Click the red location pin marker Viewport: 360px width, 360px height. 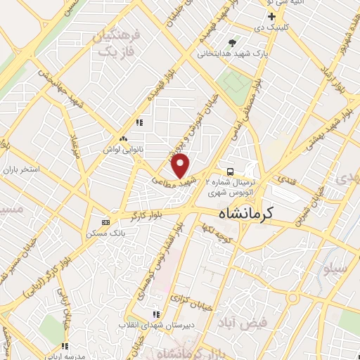(181, 166)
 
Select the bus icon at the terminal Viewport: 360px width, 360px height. (230, 171)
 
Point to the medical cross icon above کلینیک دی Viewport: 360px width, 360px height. (291, 16)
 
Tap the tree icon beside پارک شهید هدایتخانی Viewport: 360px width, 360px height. (232, 42)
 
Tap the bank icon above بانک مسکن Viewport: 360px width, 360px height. (105, 221)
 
